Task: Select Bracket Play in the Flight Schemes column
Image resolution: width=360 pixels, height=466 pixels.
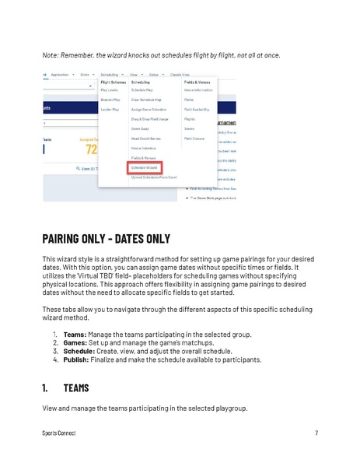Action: click(x=110, y=100)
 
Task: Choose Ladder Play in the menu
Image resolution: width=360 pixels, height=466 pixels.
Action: click(x=110, y=109)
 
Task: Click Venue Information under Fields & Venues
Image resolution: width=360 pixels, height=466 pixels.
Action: click(x=198, y=90)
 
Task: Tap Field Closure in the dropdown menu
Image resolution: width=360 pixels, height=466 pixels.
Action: click(x=194, y=138)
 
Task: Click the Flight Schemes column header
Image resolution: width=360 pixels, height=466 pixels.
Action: click(x=114, y=81)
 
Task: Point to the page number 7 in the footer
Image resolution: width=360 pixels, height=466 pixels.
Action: click(x=317, y=433)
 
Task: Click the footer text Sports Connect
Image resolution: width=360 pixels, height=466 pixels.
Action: click(x=59, y=433)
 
